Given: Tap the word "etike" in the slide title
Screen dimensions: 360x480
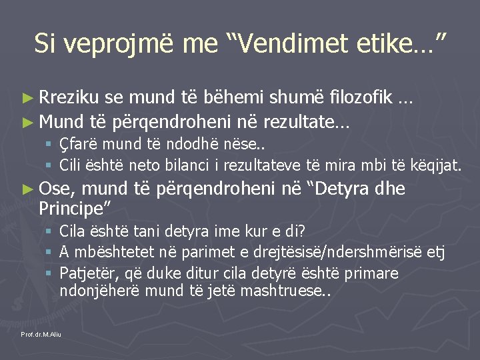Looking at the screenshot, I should point(388,44).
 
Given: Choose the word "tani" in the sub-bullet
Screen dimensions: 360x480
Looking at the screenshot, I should point(144,232).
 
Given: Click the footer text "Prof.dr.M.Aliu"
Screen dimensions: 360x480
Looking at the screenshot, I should point(41,333).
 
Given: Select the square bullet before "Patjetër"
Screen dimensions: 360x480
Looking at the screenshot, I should point(49,273).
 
